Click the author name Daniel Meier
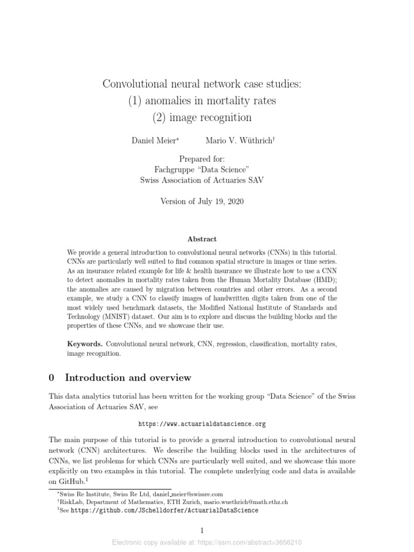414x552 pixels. (x=154, y=140)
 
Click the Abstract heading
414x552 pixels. (x=202, y=239)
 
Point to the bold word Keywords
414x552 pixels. (x=85, y=344)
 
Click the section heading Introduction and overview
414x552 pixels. (x=127, y=377)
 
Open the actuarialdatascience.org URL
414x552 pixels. (x=202, y=424)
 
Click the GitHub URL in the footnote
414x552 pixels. (x=164, y=510)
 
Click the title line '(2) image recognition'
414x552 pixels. (x=202, y=116)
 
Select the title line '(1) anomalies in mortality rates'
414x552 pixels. (x=202, y=100)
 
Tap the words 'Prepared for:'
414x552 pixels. (x=202, y=159)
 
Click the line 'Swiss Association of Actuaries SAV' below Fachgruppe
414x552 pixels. (x=202, y=180)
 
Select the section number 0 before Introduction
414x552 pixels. (x=51, y=377)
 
